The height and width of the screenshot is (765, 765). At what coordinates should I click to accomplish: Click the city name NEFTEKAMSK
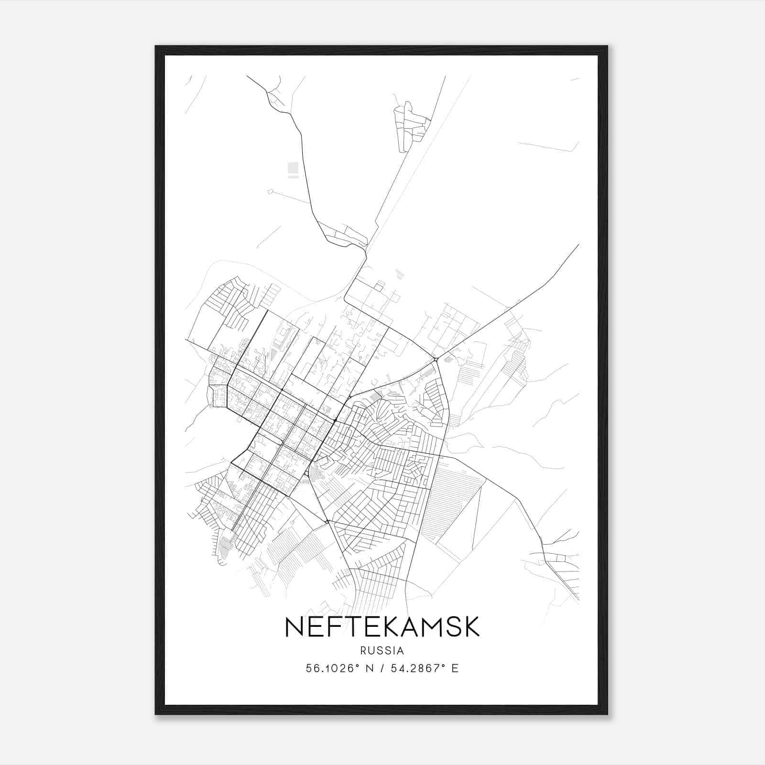point(382,627)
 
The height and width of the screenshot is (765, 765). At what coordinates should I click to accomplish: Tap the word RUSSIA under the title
point(382,651)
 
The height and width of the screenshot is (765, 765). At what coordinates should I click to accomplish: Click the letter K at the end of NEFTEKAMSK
point(471,627)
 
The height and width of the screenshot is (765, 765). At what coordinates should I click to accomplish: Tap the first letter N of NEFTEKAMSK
point(293,627)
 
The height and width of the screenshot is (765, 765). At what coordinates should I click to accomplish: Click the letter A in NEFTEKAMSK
point(403,627)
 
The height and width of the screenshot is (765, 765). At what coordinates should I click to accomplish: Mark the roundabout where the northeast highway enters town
point(435,359)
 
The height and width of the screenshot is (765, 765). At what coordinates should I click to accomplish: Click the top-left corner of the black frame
point(156,47)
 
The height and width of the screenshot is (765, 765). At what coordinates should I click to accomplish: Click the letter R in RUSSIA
point(363,651)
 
